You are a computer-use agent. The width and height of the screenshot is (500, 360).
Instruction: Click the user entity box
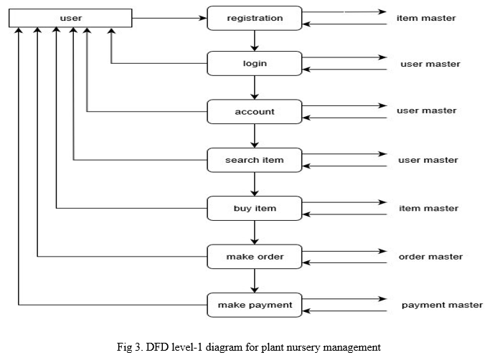[x=70, y=18]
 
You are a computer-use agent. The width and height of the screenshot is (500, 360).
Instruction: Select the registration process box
[x=255, y=18]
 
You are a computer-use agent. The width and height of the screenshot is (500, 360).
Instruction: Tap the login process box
[x=255, y=63]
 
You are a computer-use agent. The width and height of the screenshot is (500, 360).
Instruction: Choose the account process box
[x=255, y=112]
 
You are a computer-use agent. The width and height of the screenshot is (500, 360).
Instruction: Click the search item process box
[x=255, y=160]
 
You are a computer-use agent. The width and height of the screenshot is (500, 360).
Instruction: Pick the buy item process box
[x=255, y=208]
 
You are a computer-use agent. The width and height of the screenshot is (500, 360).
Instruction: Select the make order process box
[x=255, y=257]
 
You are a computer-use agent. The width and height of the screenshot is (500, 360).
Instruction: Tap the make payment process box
[x=255, y=305]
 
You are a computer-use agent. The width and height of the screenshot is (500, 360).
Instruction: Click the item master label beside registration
[x=426, y=18]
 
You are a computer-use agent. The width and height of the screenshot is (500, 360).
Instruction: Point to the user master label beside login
[x=430, y=64]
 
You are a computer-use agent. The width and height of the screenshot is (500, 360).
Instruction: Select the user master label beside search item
[x=428, y=160]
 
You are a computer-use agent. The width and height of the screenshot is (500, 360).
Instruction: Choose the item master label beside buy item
[x=428, y=208]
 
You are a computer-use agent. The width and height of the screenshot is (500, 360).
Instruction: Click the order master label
[x=430, y=257]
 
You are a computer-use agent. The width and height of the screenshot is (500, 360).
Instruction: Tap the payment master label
[x=442, y=305]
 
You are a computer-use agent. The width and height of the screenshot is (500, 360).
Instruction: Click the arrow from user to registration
[x=169, y=18]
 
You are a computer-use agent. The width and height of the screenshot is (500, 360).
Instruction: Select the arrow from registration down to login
[x=255, y=41]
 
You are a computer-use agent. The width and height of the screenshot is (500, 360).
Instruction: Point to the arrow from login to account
[x=255, y=87]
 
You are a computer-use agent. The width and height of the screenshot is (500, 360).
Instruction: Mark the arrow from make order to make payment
[x=255, y=281]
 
